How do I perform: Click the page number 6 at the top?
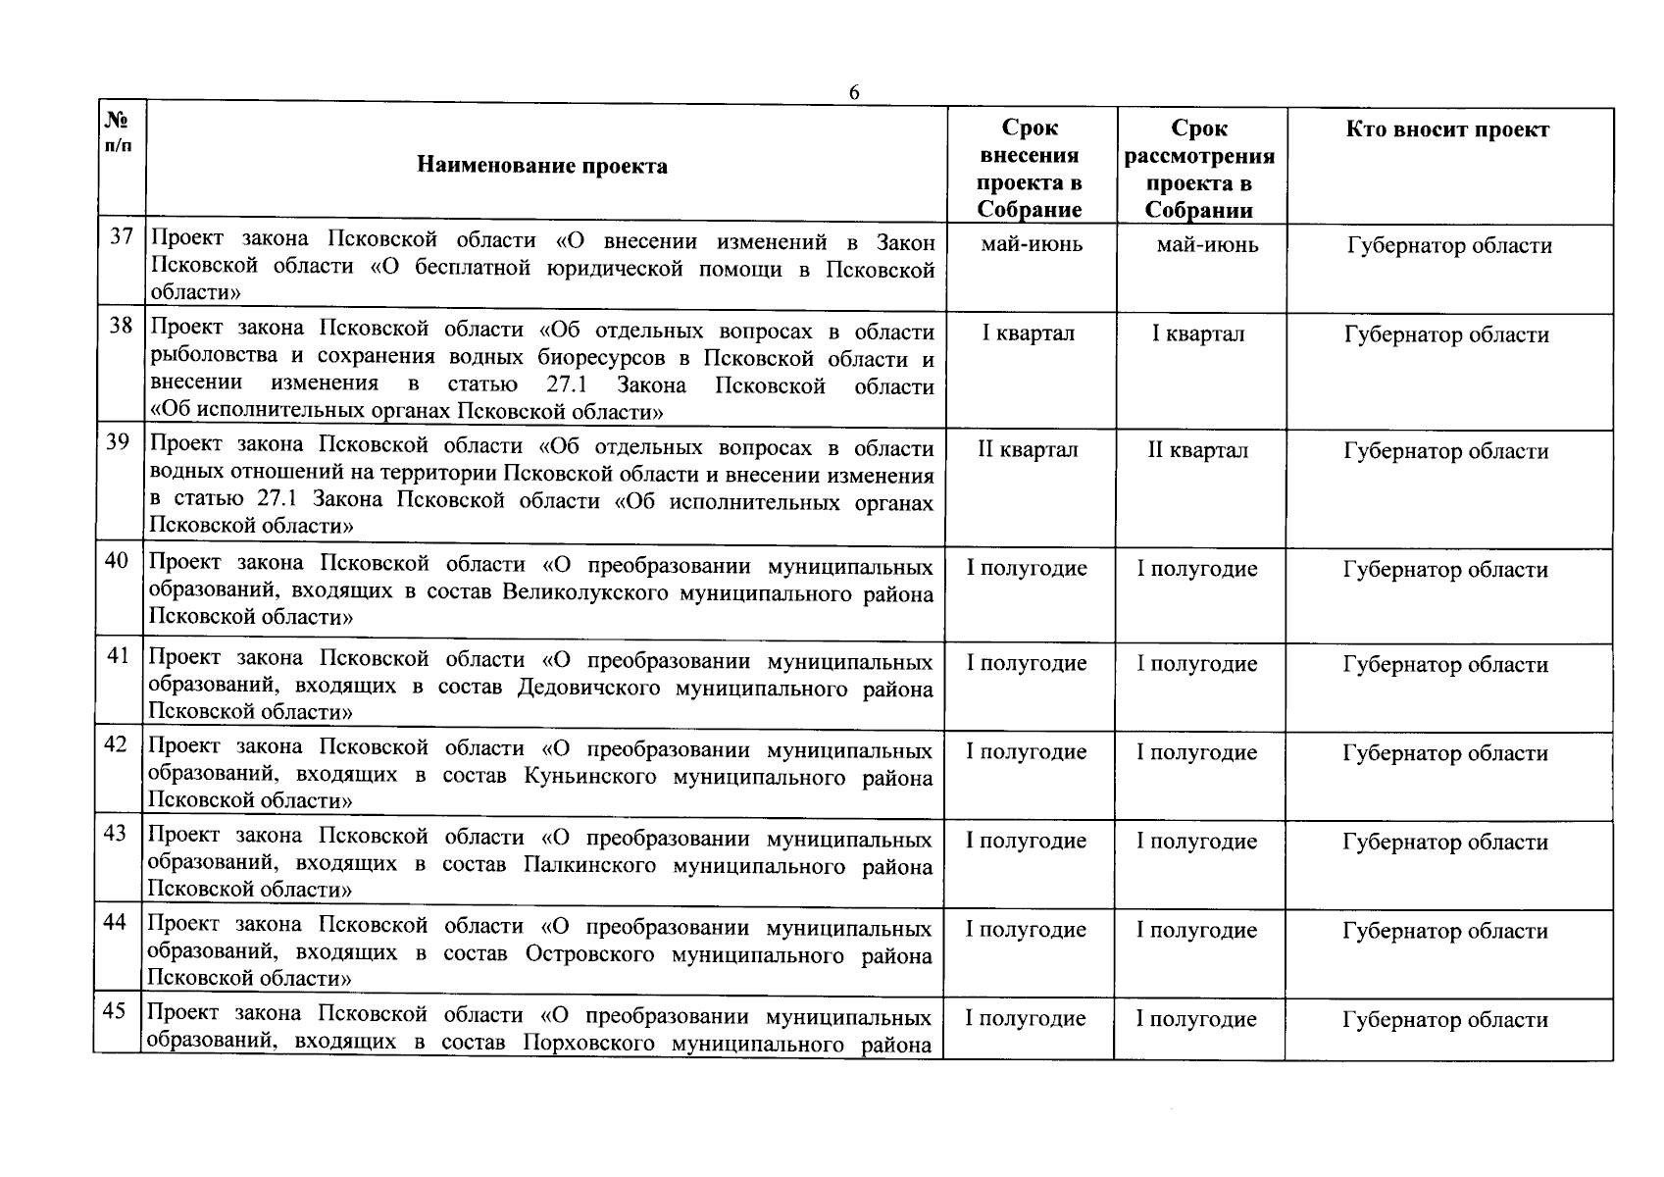853,92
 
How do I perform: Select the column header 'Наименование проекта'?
542,165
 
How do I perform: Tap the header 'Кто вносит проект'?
1447,129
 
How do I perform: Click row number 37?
121,236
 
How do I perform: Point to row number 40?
117,560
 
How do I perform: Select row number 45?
114,1010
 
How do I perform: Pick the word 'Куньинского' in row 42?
589,777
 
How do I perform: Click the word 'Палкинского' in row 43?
588,866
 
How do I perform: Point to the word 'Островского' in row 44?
589,954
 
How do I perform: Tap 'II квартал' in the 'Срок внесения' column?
1028,450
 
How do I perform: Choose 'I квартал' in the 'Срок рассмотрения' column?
1197,333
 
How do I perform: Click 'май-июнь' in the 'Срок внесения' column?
1032,243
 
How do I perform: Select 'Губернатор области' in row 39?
1445,451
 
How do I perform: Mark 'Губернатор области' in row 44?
1444,930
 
